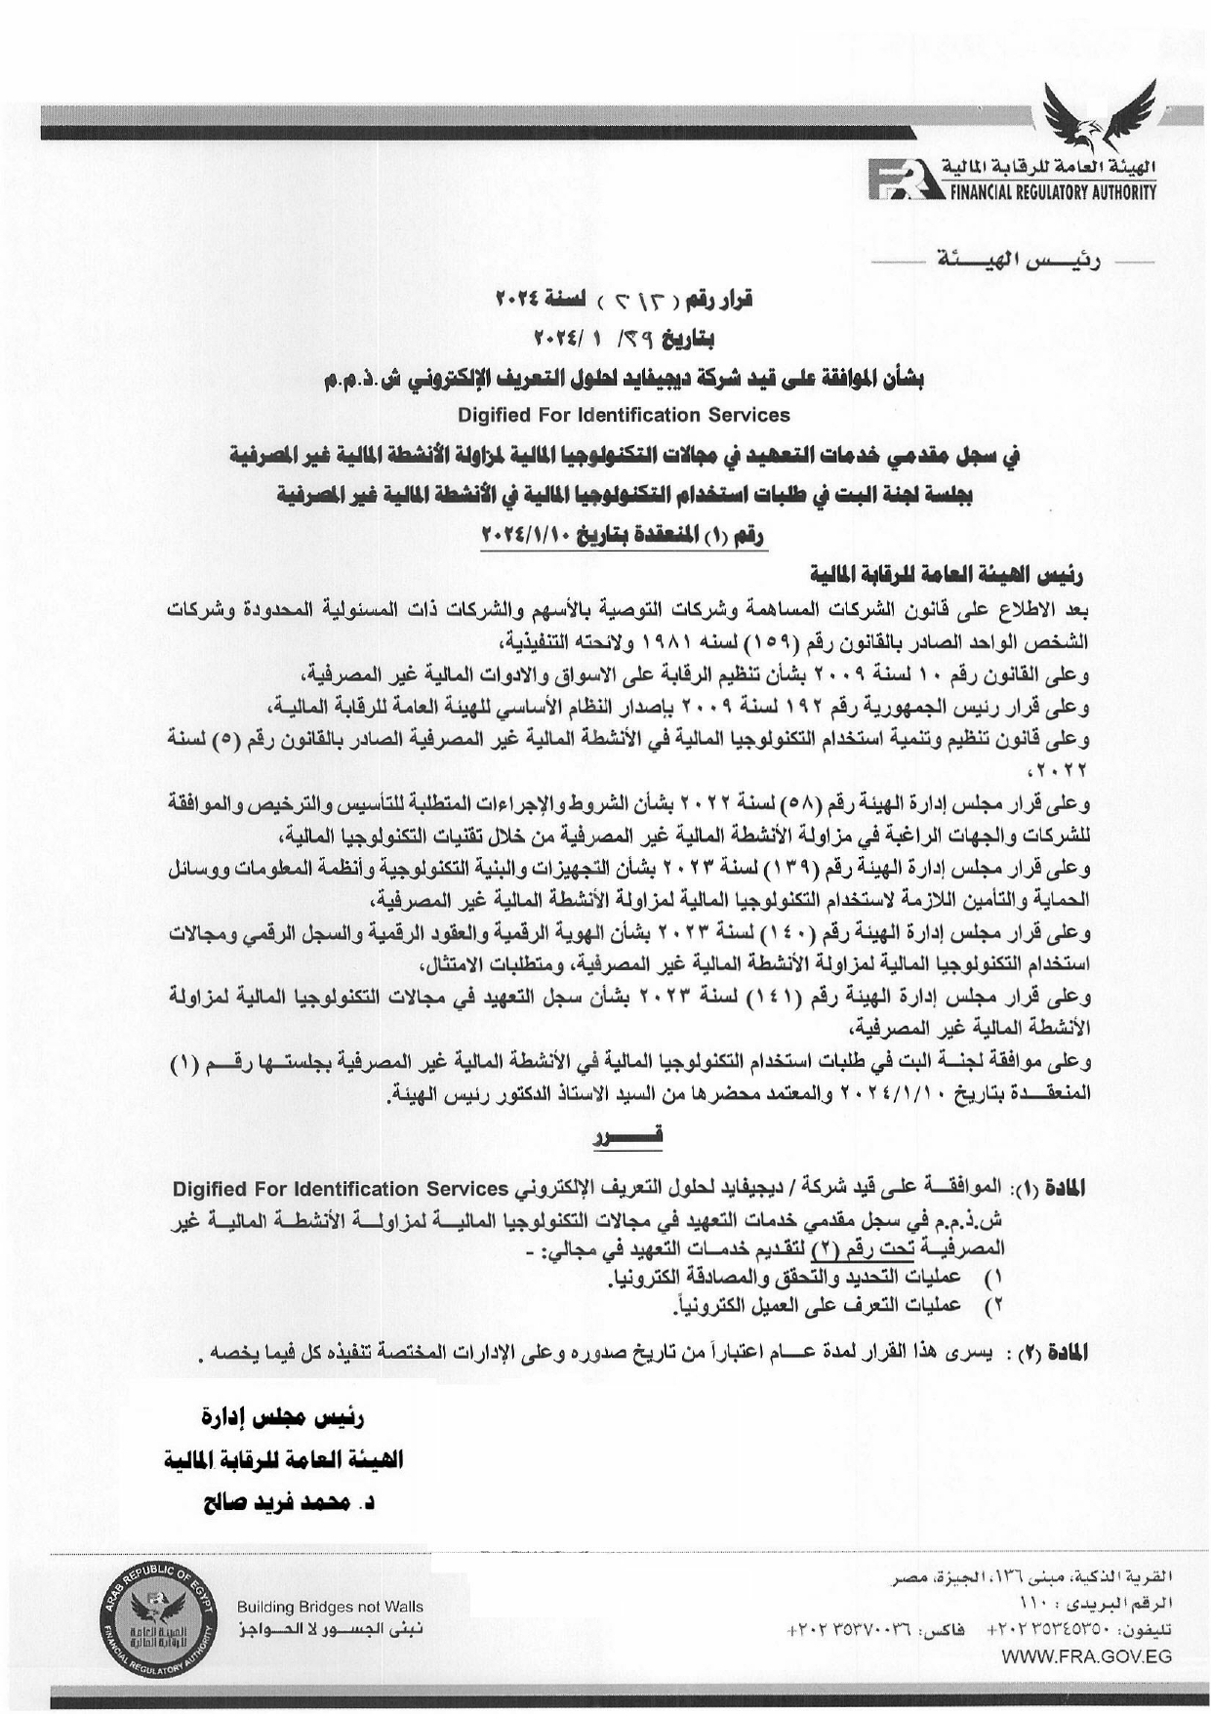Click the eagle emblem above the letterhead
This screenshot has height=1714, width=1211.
[x=1099, y=115]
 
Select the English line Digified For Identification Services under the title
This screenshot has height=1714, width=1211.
[x=624, y=415]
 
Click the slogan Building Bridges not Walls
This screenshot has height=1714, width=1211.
[x=330, y=1607]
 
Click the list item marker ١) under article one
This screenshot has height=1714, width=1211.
[x=995, y=1277]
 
